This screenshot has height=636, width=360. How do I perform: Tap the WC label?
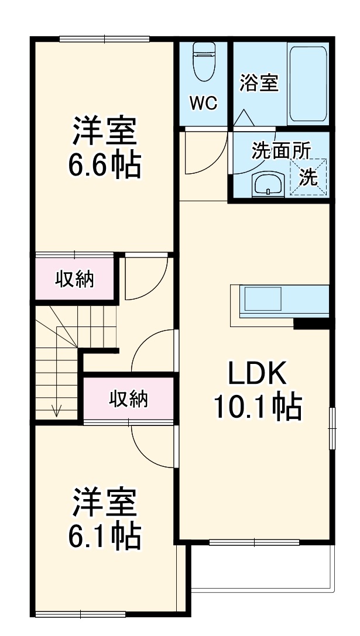203,104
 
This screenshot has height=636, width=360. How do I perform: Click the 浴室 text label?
259,83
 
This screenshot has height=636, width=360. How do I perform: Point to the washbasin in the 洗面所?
268,184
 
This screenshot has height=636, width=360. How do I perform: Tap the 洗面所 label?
281,150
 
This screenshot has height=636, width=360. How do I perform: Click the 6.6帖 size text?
105,166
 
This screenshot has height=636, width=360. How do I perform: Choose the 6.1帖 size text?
105,536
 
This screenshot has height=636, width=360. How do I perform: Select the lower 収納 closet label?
128,400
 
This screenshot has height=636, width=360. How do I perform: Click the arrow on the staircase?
57,410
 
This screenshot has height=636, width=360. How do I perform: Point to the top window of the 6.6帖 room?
104,40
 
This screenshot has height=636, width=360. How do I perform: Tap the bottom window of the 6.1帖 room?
80,613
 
